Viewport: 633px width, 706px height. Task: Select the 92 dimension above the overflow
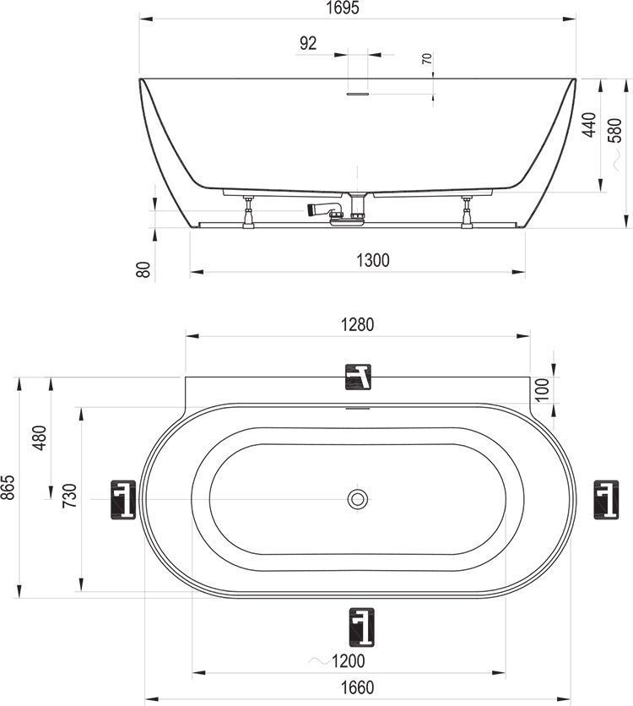(x=308, y=43)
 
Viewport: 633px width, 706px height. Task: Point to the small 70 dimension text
(x=427, y=58)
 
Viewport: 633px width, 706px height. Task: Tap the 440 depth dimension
(x=588, y=124)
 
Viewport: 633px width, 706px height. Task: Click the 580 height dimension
(x=615, y=130)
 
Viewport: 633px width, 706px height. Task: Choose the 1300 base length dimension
(x=373, y=260)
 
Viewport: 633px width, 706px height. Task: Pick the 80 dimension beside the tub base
(x=143, y=269)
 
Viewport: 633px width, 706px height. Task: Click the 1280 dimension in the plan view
(x=358, y=324)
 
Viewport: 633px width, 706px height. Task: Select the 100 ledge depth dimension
(x=543, y=389)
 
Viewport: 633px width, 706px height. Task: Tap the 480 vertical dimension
(x=40, y=437)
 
